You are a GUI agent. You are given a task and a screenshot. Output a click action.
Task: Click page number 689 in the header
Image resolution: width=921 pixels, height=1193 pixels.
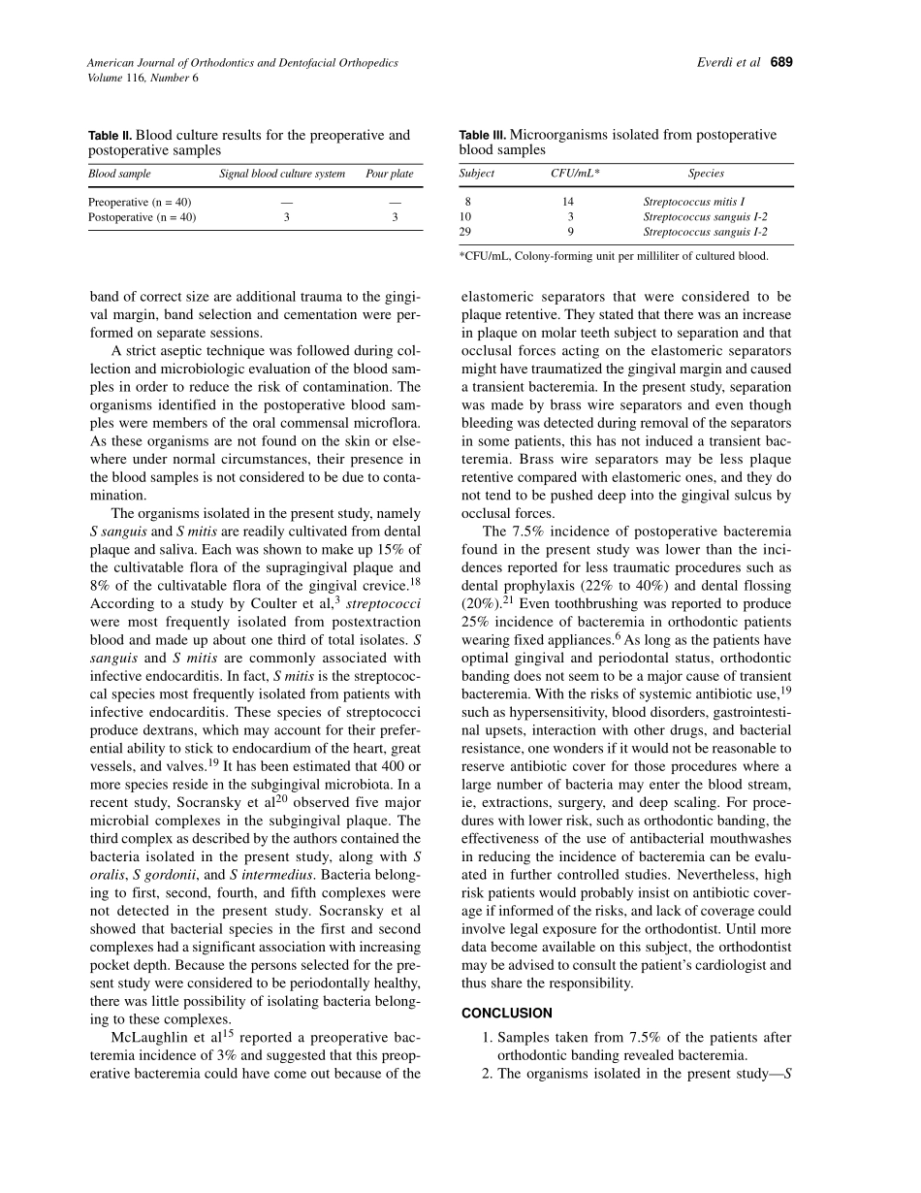click(x=781, y=63)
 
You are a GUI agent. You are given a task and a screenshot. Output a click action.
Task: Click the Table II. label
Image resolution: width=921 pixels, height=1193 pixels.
click(x=110, y=136)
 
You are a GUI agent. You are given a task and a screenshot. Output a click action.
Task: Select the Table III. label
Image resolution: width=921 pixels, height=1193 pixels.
click(x=482, y=136)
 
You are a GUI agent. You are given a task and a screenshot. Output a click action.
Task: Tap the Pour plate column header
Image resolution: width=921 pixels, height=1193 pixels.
click(x=389, y=175)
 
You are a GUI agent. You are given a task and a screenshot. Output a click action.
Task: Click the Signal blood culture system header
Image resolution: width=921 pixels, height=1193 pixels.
click(x=282, y=175)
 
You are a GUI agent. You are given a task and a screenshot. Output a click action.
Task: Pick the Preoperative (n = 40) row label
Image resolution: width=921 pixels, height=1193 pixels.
click(x=140, y=202)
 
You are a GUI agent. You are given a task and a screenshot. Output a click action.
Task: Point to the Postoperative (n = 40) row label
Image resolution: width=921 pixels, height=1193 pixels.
click(x=143, y=217)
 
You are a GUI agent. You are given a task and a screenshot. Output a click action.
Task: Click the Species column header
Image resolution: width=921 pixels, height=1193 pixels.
click(x=706, y=174)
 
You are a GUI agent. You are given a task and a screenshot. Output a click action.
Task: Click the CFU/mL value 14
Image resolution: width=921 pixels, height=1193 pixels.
click(x=568, y=202)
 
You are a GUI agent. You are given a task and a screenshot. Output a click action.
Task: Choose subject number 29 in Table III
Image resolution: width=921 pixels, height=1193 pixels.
click(x=465, y=232)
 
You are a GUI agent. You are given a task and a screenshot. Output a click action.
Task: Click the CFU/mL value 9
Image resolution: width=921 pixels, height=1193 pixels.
click(x=571, y=232)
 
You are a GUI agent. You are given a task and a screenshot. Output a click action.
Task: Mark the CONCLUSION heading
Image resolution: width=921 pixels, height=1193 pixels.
click(x=507, y=1014)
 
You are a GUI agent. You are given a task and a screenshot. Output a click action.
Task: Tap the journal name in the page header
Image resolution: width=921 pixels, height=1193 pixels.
click(x=242, y=63)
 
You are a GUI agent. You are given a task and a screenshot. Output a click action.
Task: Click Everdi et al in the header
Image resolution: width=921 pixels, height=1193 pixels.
click(x=730, y=63)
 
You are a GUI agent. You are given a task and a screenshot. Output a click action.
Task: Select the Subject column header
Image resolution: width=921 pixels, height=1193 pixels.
click(x=477, y=174)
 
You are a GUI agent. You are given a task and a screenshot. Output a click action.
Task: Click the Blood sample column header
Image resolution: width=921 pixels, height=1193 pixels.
click(x=119, y=175)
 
